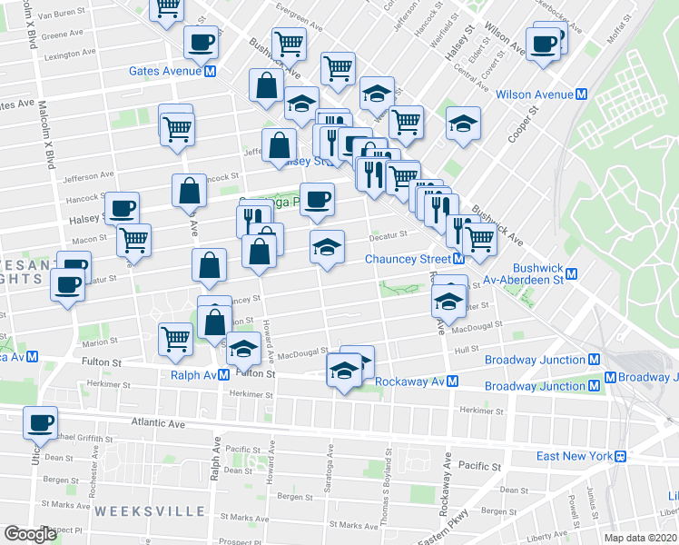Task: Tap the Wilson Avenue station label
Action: pyautogui.click(x=534, y=94)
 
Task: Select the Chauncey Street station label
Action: pyautogui.click(x=408, y=259)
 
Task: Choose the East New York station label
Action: pyautogui.click(x=572, y=456)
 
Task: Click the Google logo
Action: pyautogui.click(x=31, y=534)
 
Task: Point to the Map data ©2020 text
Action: pyautogui.click(x=641, y=538)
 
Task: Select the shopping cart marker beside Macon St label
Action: pyautogui.click(x=133, y=240)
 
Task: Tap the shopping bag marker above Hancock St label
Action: pyautogui.click(x=190, y=191)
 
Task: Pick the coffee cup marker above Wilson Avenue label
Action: pyautogui.click(x=545, y=43)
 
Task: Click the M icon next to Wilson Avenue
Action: pyautogui.click(x=581, y=94)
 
